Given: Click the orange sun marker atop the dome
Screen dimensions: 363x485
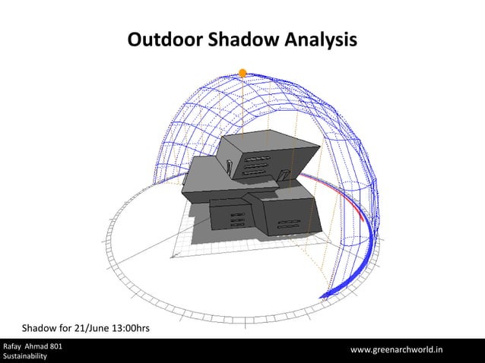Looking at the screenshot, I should (242, 73).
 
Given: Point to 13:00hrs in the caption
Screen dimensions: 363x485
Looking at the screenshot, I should (128, 328).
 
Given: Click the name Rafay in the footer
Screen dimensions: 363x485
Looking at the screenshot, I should (14, 346).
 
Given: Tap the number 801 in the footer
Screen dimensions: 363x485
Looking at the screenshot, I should (55, 346).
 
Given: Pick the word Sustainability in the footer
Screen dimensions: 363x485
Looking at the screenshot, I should (24, 356).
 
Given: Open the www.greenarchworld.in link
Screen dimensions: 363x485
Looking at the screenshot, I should (397, 350).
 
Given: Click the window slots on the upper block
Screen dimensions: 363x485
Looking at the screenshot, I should (257, 164).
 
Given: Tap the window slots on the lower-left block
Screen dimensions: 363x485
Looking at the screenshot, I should (237, 219).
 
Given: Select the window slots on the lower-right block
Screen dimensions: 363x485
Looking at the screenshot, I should (289, 224).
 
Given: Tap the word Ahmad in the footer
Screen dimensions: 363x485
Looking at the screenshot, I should (38, 346).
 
